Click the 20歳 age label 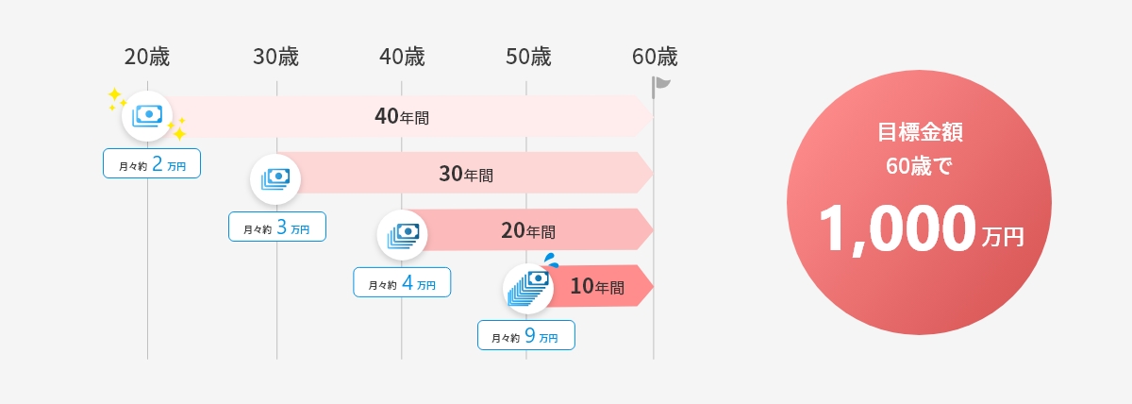pyautogui.click(x=147, y=57)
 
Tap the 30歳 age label pyautogui.click(x=275, y=57)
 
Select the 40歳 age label pyautogui.click(x=402, y=57)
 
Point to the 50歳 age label pyautogui.click(x=528, y=57)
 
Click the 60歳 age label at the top pyautogui.click(x=655, y=57)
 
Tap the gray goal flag pyautogui.click(x=660, y=87)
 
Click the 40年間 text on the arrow pyautogui.click(x=402, y=116)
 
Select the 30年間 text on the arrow pyautogui.click(x=466, y=174)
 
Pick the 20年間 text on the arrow pyautogui.click(x=528, y=230)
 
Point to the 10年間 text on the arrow pyautogui.click(x=597, y=286)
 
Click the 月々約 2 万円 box pyautogui.click(x=152, y=163)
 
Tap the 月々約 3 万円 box pyautogui.click(x=277, y=227)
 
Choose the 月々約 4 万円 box pyautogui.click(x=402, y=282)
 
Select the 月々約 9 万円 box pyautogui.click(x=526, y=335)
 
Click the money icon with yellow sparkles pyautogui.click(x=147, y=116)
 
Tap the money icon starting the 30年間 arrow pyautogui.click(x=275, y=179)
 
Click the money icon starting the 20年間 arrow pyautogui.click(x=402, y=235)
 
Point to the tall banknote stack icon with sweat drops pyautogui.click(x=528, y=287)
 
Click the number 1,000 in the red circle pyautogui.click(x=897, y=228)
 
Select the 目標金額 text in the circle pyautogui.click(x=920, y=132)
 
